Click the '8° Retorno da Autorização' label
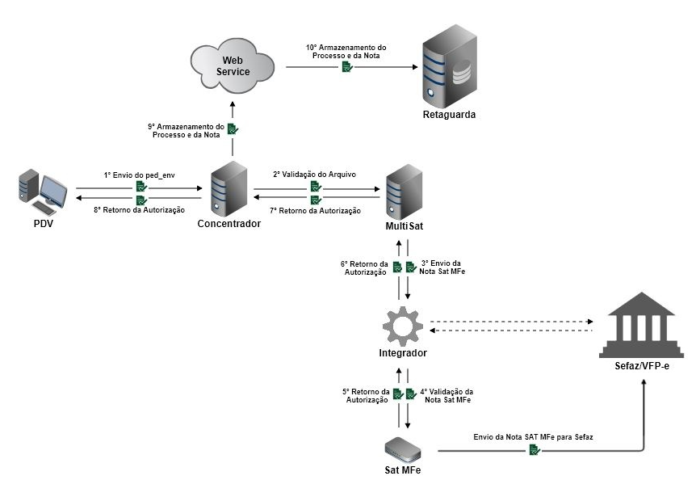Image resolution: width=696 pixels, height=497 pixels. click(140, 210)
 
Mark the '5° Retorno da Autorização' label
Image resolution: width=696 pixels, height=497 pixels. click(367, 396)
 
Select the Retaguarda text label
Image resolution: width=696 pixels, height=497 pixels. click(449, 115)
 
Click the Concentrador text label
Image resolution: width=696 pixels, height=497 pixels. click(229, 224)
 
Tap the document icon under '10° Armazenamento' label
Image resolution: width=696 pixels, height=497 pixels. click(346, 68)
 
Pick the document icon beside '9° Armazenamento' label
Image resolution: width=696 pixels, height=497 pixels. click(233, 128)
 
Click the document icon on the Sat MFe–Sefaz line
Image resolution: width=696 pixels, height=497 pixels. click(535, 450)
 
